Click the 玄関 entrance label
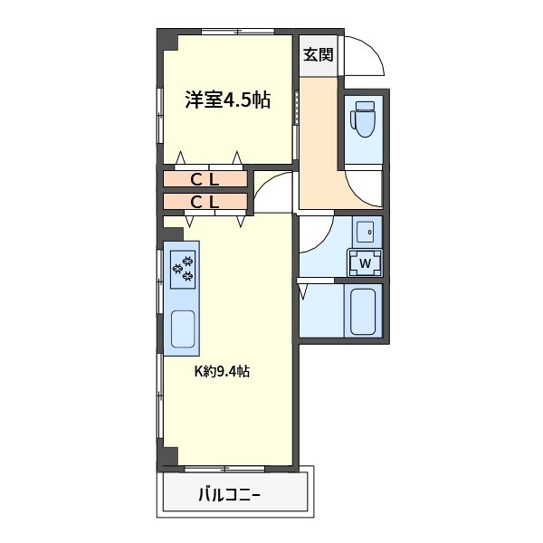pos(318,54)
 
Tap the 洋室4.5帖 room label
pos(227,100)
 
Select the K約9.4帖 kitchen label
pos(222,371)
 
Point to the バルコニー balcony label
pos(229,494)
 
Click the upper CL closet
pos(205,179)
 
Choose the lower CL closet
pos(205,202)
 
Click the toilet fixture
pos(363,119)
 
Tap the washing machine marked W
pos(365,262)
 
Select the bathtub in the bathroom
pos(363,311)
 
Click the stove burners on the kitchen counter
pos(183,270)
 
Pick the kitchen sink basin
pos(183,329)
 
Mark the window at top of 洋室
pos(238,32)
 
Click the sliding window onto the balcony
pos(224,469)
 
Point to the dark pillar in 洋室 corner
pos(167,40)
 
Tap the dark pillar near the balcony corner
pos(167,456)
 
